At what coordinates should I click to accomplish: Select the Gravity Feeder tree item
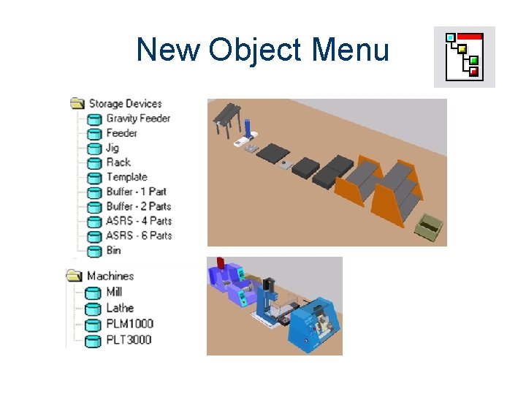[x=138, y=118]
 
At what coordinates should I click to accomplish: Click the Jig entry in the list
[x=113, y=148]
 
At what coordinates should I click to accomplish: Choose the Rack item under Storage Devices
[x=118, y=162]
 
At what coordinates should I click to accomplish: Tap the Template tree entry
[x=126, y=177]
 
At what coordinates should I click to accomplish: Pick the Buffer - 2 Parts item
[x=138, y=206]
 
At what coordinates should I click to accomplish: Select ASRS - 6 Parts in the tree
[x=139, y=236]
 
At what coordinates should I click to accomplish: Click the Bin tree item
[x=113, y=250]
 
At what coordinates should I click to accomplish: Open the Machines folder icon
[x=74, y=276]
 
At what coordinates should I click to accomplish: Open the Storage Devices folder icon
[x=77, y=103]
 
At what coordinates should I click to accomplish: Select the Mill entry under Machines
[x=113, y=292]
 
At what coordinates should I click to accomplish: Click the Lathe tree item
[x=120, y=308]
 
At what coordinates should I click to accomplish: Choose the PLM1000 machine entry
[x=129, y=323]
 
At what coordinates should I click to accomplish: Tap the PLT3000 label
[x=129, y=339]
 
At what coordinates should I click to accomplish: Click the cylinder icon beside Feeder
[x=94, y=134]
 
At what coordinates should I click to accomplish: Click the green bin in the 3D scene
[x=429, y=228]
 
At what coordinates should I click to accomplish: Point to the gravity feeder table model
[x=228, y=118]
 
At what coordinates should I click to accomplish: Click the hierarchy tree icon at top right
[x=465, y=56]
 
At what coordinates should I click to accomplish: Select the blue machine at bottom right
[x=312, y=326]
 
